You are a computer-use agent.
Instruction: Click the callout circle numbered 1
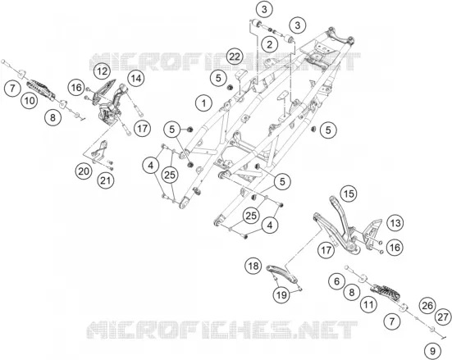click(x=203, y=103)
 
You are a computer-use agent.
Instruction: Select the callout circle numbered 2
click(x=270, y=44)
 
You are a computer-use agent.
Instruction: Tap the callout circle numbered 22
click(x=235, y=57)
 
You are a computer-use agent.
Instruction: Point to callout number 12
click(x=102, y=71)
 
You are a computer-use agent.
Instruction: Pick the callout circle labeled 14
click(x=136, y=78)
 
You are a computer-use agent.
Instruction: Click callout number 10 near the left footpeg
click(x=30, y=101)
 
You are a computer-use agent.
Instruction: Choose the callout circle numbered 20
click(x=84, y=171)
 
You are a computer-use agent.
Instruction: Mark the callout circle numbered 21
click(x=106, y=180)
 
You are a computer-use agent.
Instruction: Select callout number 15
click(x=349, y=194)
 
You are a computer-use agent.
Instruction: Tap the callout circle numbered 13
click(x=395, y=223)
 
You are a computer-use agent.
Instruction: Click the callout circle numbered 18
click(x=253, y=266)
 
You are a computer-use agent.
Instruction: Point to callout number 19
click(x=281, y=294)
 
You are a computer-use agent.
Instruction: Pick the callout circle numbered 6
click(x=337, y=281)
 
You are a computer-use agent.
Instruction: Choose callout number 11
click(x=368, y=305)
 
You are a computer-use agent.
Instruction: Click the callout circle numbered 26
click(x=427, y=306)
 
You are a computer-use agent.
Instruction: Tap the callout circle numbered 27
click(x=443, y=317)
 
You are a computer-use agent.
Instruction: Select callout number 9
click(x=432, y=351)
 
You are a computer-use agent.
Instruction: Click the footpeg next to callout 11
click(x=387, y=292)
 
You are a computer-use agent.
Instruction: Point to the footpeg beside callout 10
click(x=41, y=89)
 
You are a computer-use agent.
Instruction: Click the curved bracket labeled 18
click(x=281, y=273)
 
